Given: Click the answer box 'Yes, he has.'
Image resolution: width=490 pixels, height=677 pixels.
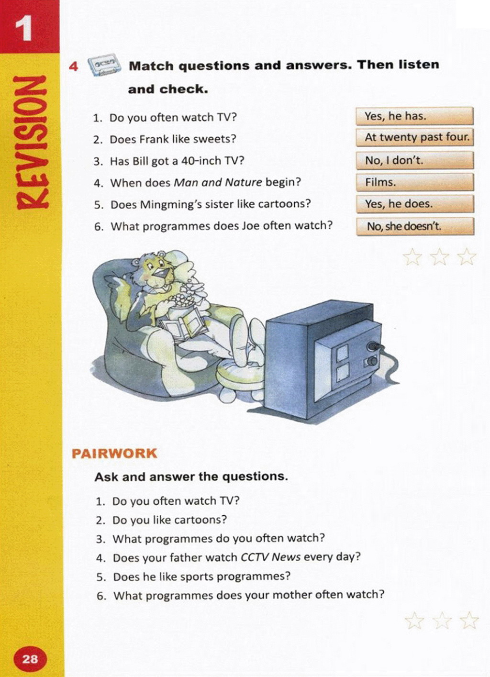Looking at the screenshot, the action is point(415,116).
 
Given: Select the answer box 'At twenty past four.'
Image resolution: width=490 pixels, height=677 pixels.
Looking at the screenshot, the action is point(415,138).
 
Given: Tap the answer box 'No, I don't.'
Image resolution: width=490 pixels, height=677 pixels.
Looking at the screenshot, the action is point(415,160).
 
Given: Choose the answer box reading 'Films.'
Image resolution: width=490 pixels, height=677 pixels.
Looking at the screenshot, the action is point(415,182).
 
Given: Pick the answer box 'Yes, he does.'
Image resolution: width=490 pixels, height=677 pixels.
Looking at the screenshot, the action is point(415,204).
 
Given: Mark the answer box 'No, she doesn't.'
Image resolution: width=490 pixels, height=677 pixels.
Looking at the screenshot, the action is point(415,226).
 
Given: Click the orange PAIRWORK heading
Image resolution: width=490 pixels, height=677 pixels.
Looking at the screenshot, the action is point(114,454).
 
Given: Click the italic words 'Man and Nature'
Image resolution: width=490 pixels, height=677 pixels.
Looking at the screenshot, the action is point(218,183).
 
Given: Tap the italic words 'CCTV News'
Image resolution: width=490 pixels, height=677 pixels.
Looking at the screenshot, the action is point(270,557).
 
